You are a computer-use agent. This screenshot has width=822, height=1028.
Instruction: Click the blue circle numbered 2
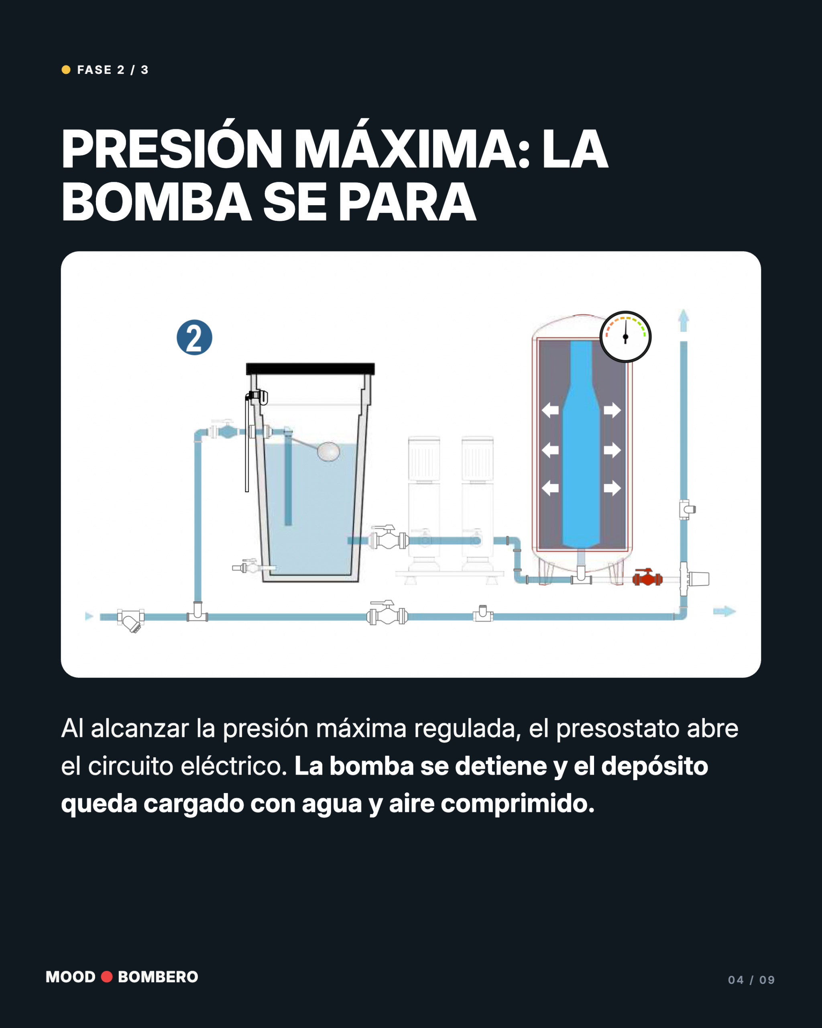[x=194, y=337]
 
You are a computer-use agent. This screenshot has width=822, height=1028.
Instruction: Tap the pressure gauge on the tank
[x=625, y=337]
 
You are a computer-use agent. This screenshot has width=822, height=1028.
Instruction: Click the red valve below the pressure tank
[x=647, y=577]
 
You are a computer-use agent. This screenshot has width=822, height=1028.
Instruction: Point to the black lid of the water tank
[x=310, y=369]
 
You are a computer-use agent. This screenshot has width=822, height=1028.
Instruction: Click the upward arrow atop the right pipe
[x=684, y=320]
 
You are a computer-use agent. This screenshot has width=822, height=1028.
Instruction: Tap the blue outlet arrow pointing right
[x=724, y=611]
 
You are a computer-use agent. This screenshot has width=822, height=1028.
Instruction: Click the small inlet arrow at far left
[x=89, y=616]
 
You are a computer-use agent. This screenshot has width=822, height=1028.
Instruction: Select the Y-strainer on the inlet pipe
[x=130, y=620]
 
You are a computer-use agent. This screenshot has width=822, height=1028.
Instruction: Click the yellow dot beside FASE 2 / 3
[x=66, y=69]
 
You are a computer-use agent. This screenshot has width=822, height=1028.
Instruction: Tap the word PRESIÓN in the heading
[x=172, y=149]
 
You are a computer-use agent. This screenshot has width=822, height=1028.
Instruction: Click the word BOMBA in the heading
[x=156, y=202]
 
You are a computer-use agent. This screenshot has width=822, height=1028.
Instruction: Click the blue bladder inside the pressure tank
[x=581, y=443]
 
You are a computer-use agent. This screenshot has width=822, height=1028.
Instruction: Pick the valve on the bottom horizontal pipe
[x=387, y=613]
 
